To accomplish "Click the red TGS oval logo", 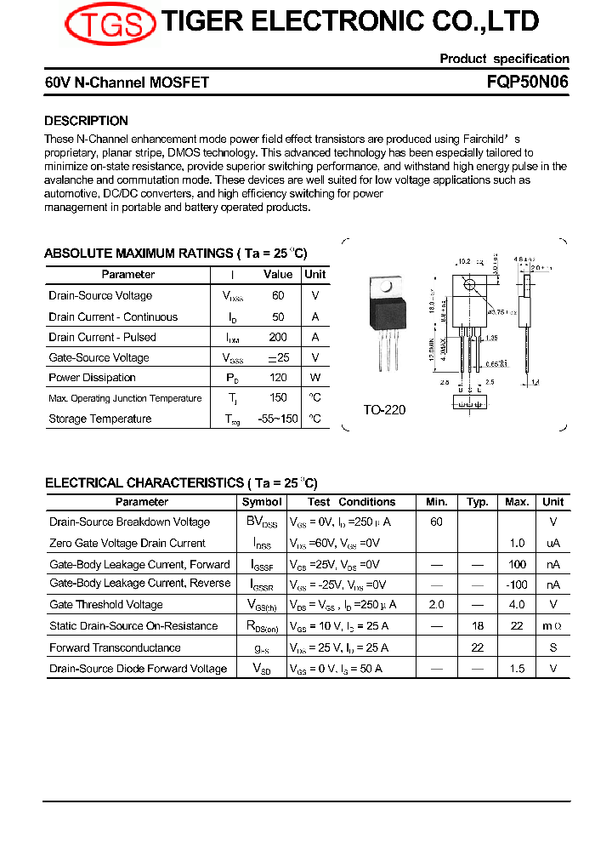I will [x=110, y=24].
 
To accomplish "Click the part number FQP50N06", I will [x=528, y=83].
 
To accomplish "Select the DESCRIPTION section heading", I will [x=86, y=121].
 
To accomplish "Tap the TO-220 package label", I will [x=384, y=410].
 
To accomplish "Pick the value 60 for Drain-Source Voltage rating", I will [x=278, y=296].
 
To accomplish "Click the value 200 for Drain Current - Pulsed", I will [x=278, y=337].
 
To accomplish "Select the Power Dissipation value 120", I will [x=278, y=378].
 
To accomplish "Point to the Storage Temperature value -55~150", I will [x=278, y=419].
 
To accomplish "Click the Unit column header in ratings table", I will [x=315, y=275].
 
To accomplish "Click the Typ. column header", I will [x=478, y=502].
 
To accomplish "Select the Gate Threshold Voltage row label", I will [x=106, y=605].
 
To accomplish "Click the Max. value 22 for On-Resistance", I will [x=517, y=626].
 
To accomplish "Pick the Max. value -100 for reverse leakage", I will [x=516, y=584].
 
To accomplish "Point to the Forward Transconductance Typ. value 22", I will [x=478, y=647].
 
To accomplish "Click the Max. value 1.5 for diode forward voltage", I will [x=517, y=669].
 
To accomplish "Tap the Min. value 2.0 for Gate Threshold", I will [x=436, y=605].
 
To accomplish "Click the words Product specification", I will [x=504, y=59].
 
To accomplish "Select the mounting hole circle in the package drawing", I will [x=468, y=284].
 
